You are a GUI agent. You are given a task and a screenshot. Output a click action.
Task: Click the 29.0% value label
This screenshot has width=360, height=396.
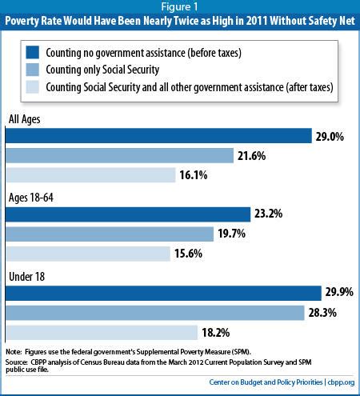(330, 137)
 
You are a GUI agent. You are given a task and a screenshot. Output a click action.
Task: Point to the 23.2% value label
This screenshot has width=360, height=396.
(270, 214)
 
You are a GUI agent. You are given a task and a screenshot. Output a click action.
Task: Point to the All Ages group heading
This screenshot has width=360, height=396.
(26, 120)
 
